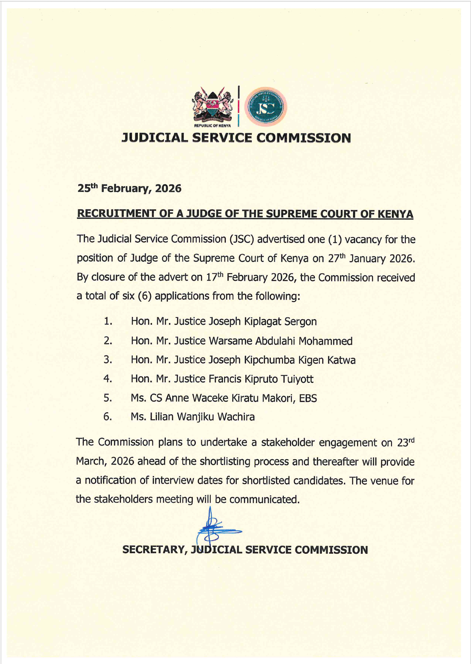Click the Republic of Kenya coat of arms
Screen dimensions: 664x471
pos(212,105)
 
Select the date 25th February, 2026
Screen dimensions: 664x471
pos(129,188)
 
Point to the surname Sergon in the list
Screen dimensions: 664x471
pos(300,321)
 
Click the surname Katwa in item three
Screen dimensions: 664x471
pos(341,360)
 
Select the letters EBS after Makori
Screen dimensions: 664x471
pos(308,398)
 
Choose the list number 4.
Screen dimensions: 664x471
pos(107,379)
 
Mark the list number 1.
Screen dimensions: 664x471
pos(107,321)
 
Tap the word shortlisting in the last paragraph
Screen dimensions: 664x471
pos(225,461)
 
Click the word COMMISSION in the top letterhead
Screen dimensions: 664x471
pos(304,138)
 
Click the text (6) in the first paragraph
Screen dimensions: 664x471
pos(145,296)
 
